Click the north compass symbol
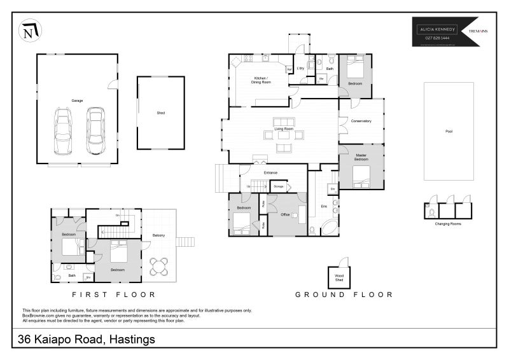29,31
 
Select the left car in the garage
62,131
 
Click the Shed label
160,113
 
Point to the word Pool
449,132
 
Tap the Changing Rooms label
448,224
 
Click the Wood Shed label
339,277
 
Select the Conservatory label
361,121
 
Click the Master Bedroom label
361,157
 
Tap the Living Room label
283,129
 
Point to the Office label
285,215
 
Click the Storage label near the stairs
278,186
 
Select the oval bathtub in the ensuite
330,228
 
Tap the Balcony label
158,236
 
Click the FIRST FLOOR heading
114,294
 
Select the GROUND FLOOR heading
344,294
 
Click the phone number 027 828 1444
437,38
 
